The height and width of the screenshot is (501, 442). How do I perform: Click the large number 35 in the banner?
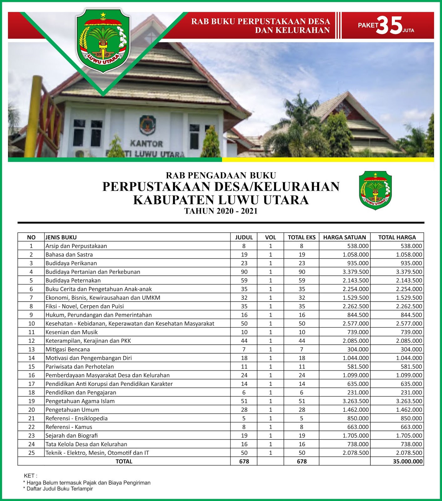(x=389, y=26)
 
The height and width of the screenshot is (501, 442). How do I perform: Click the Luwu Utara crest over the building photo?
(x=103, y=41)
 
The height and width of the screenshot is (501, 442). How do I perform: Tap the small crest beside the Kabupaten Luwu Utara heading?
(x=375, y=190)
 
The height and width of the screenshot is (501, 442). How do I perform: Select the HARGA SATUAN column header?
(x=344, y=237)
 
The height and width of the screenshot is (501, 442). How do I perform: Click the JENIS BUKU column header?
(x=61, y=237)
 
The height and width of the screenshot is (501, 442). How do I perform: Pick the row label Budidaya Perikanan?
(x=71, y=263)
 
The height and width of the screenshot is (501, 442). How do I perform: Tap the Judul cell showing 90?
(x=244, y=272)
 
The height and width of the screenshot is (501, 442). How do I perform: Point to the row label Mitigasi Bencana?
(x=68, y=349)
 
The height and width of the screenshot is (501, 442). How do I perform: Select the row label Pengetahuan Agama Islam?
(x=80, y=401)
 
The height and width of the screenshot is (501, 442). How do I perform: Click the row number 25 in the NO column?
(x=31, y=453)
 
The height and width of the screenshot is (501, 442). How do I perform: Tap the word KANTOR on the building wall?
(x=146, y=144)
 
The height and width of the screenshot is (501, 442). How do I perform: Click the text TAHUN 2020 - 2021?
(x=221, y=211)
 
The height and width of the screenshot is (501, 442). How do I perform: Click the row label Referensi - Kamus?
(x=69, y=427)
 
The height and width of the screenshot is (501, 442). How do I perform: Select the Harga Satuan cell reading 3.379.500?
(x=356, y=272)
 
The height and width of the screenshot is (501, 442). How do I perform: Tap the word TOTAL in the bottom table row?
(x=124, y=461)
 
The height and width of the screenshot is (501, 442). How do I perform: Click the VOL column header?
(x=270, y=237)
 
